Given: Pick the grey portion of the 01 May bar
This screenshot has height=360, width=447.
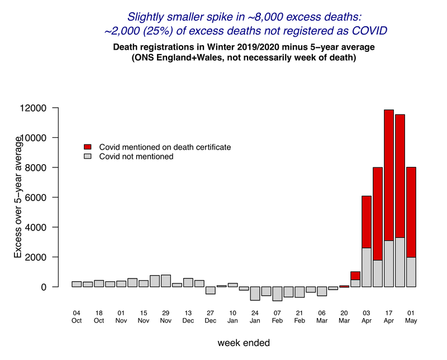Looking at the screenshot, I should pos(411,272).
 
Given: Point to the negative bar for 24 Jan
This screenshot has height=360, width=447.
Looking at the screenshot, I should pos(255,293).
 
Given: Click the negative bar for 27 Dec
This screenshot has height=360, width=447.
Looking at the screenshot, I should pos(210,290).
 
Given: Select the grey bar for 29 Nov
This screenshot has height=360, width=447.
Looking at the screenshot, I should pos(165,281).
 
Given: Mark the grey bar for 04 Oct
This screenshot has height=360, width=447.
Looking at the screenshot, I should pos(77,284).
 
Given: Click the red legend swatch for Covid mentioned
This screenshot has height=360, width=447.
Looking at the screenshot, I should pos(87,147).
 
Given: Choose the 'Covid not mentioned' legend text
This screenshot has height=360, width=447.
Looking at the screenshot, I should pos(136,157).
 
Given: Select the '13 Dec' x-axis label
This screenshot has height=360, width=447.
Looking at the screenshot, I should pos(188,316).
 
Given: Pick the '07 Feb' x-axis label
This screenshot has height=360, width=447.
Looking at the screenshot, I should pos(277,316).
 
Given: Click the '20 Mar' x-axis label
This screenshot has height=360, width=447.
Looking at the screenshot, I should pos(344,316).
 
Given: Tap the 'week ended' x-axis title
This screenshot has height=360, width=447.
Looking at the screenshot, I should pos(244,343).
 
